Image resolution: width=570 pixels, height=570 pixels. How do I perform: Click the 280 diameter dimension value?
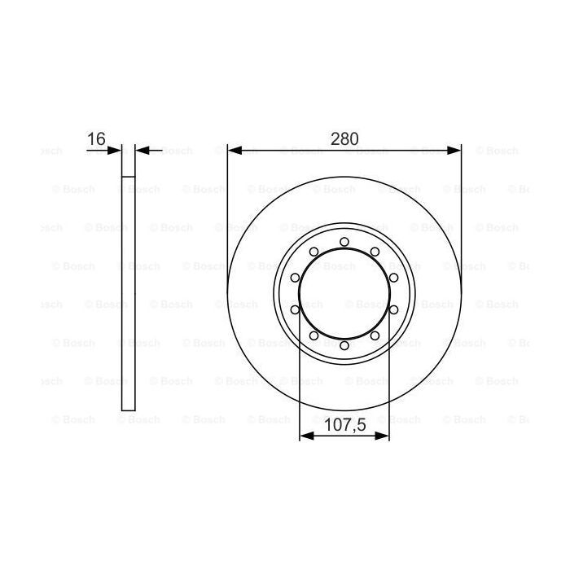[344, 138]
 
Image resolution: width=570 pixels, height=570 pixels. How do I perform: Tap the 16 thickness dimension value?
[96, 138]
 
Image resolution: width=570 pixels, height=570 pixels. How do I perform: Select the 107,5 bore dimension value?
[344, 423]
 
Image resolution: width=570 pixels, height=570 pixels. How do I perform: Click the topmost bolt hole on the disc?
[344, 241]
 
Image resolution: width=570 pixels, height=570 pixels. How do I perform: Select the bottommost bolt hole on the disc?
[344, 345]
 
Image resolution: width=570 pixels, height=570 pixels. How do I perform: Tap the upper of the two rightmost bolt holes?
[393, 278]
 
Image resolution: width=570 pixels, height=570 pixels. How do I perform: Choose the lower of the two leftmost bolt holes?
[295, 309]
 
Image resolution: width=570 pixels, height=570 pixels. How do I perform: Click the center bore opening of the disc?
[344, 293]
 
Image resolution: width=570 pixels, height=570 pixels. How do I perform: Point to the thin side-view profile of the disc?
[128, 285]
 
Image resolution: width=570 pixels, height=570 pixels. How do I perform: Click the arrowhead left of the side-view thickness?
[116, 150]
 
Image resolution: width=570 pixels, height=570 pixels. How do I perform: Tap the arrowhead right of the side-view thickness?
[140, 150]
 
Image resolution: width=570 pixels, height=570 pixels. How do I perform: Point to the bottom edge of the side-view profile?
[128, 410]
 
